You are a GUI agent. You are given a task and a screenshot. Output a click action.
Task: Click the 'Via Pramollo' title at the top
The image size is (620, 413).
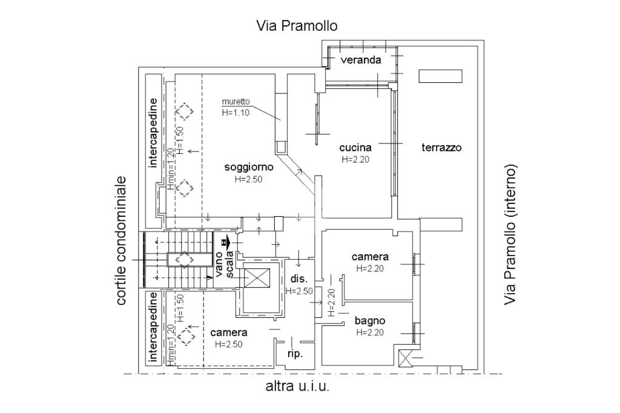click(297, 25)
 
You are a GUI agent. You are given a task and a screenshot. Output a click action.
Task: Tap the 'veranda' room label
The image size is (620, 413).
click(361, 60)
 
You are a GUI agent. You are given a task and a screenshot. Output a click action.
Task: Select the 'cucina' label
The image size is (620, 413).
click(355, 148)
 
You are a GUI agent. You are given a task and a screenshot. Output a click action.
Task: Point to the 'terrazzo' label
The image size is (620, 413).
click(441, 148)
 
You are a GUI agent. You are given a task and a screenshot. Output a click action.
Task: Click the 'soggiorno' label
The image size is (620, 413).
click(249, 167)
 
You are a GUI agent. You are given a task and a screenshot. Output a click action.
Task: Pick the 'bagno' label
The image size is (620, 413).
click(370, 321)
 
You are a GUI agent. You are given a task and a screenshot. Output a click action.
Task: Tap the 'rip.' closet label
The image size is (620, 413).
click(295, 354)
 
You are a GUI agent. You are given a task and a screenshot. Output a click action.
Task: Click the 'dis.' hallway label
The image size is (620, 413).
click(298, 279)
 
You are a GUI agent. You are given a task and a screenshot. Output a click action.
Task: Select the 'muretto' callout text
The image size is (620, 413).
click(236, 102)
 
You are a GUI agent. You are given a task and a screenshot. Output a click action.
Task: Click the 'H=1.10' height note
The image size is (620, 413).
click(236, 113)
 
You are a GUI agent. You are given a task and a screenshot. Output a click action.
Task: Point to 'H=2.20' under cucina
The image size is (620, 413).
click(355, 159)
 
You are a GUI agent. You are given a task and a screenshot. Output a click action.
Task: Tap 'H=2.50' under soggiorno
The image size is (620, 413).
click(248, 179)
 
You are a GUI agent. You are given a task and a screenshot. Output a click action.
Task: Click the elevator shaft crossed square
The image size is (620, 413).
click(257, 279)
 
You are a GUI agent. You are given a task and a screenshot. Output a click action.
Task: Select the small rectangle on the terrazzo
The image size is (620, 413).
click(441, 76)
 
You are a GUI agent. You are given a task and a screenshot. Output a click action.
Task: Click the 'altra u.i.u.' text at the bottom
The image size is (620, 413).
click(297, 386)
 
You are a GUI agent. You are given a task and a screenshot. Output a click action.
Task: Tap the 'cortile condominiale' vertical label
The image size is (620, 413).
click(121, 240)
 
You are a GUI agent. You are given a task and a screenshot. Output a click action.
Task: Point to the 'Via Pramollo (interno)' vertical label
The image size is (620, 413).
click(510, 234)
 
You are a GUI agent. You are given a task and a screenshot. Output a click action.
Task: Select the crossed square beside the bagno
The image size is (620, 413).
click(406, 358)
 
